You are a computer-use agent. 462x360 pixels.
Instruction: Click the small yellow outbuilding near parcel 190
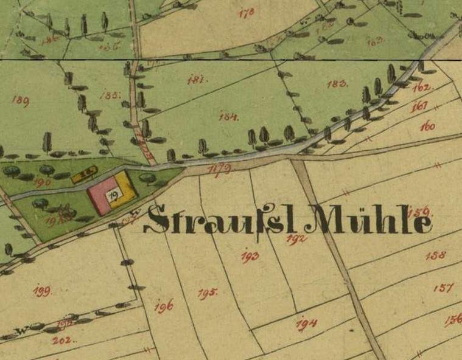click(84, 176)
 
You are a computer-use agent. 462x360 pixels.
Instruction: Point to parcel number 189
click(20, 101)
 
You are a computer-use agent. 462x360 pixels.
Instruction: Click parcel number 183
click(337, 84)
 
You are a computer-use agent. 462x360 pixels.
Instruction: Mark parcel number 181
click(195, 80)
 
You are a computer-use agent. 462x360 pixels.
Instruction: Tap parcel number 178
click(247, 12)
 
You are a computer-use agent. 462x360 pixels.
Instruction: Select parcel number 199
click(41, 291)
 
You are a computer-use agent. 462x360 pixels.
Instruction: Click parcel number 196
click(163, 307)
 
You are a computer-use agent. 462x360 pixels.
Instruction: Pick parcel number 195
click(207, 293)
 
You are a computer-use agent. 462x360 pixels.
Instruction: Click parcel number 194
click(306, 324)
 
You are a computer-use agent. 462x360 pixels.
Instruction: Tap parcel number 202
click(62, 340)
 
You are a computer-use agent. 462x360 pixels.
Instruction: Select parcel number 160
click(427, 126)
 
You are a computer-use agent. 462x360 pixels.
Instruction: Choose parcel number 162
click(421, 87)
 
